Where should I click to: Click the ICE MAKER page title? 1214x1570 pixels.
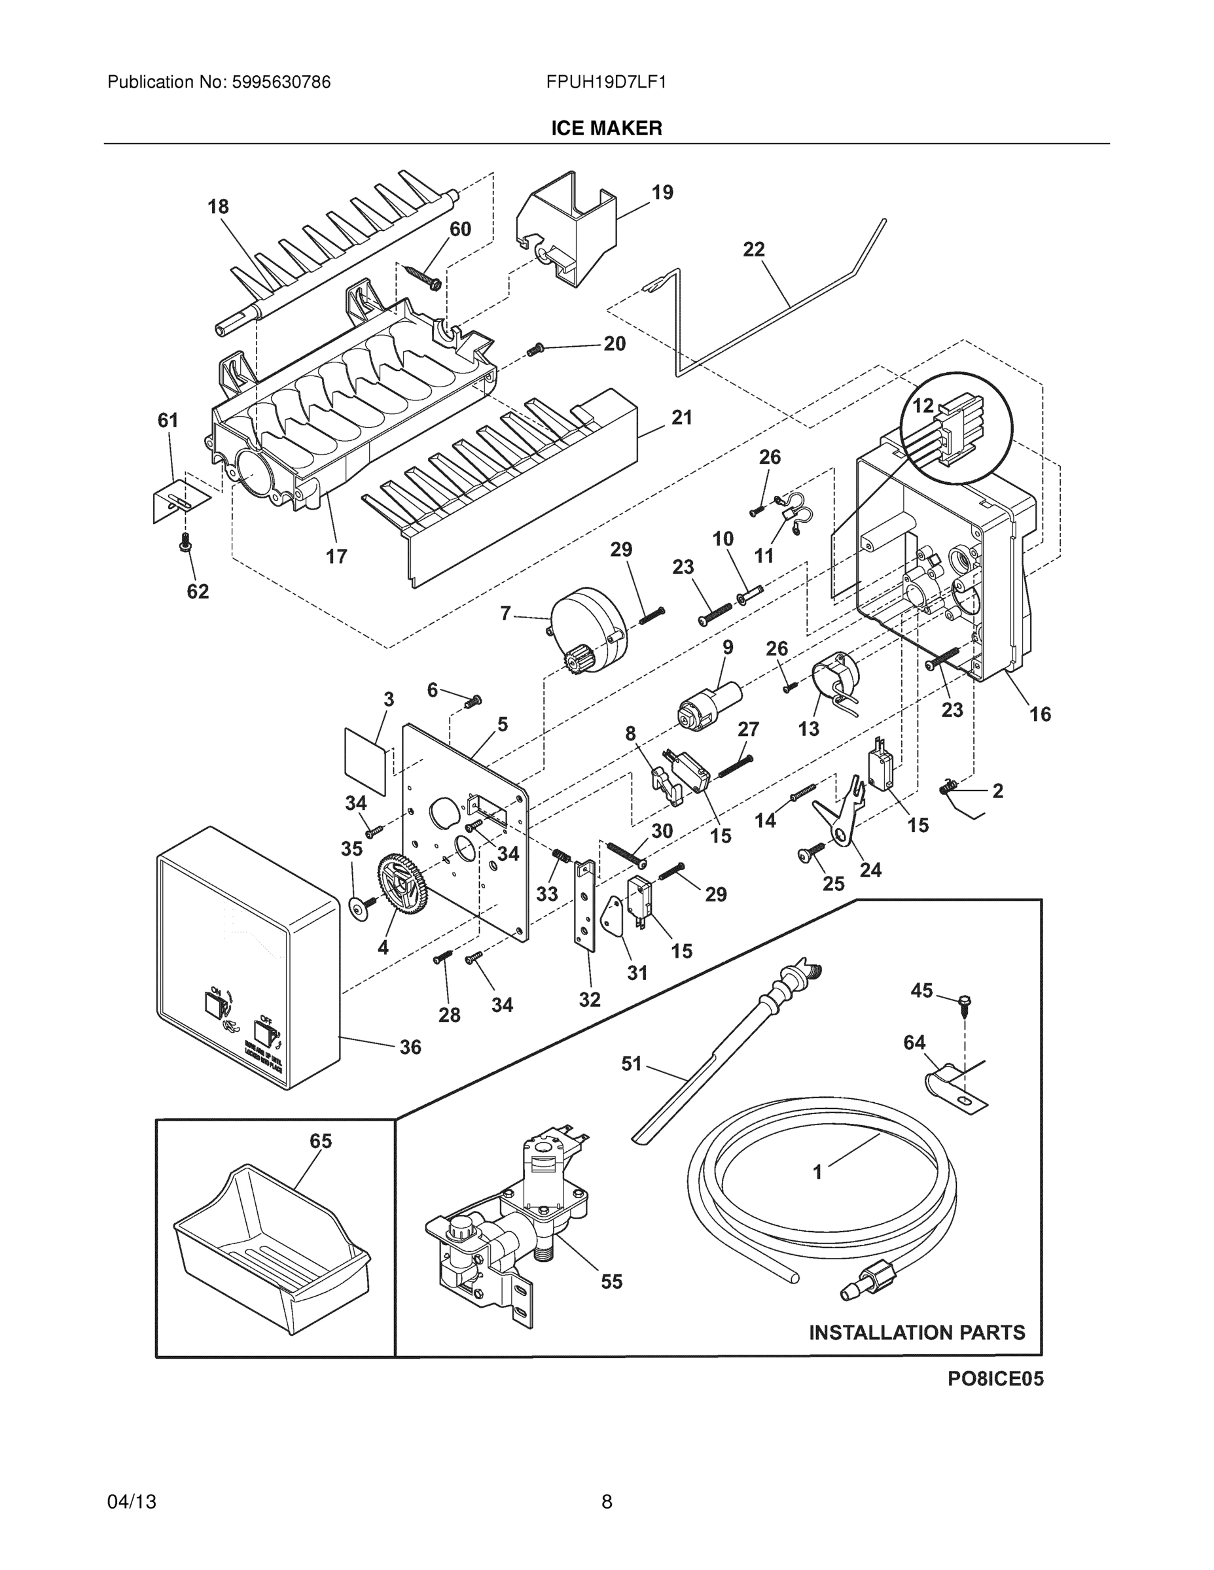606,128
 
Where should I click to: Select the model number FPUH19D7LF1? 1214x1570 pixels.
605,82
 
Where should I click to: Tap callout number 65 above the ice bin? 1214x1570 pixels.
321,1141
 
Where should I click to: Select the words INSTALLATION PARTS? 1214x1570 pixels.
917,1332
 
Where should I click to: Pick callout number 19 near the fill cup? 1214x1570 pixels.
662,193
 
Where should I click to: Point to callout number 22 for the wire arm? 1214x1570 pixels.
754,249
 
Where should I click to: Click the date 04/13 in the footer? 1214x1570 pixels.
132,1502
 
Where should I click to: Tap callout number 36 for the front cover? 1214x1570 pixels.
410,1047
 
